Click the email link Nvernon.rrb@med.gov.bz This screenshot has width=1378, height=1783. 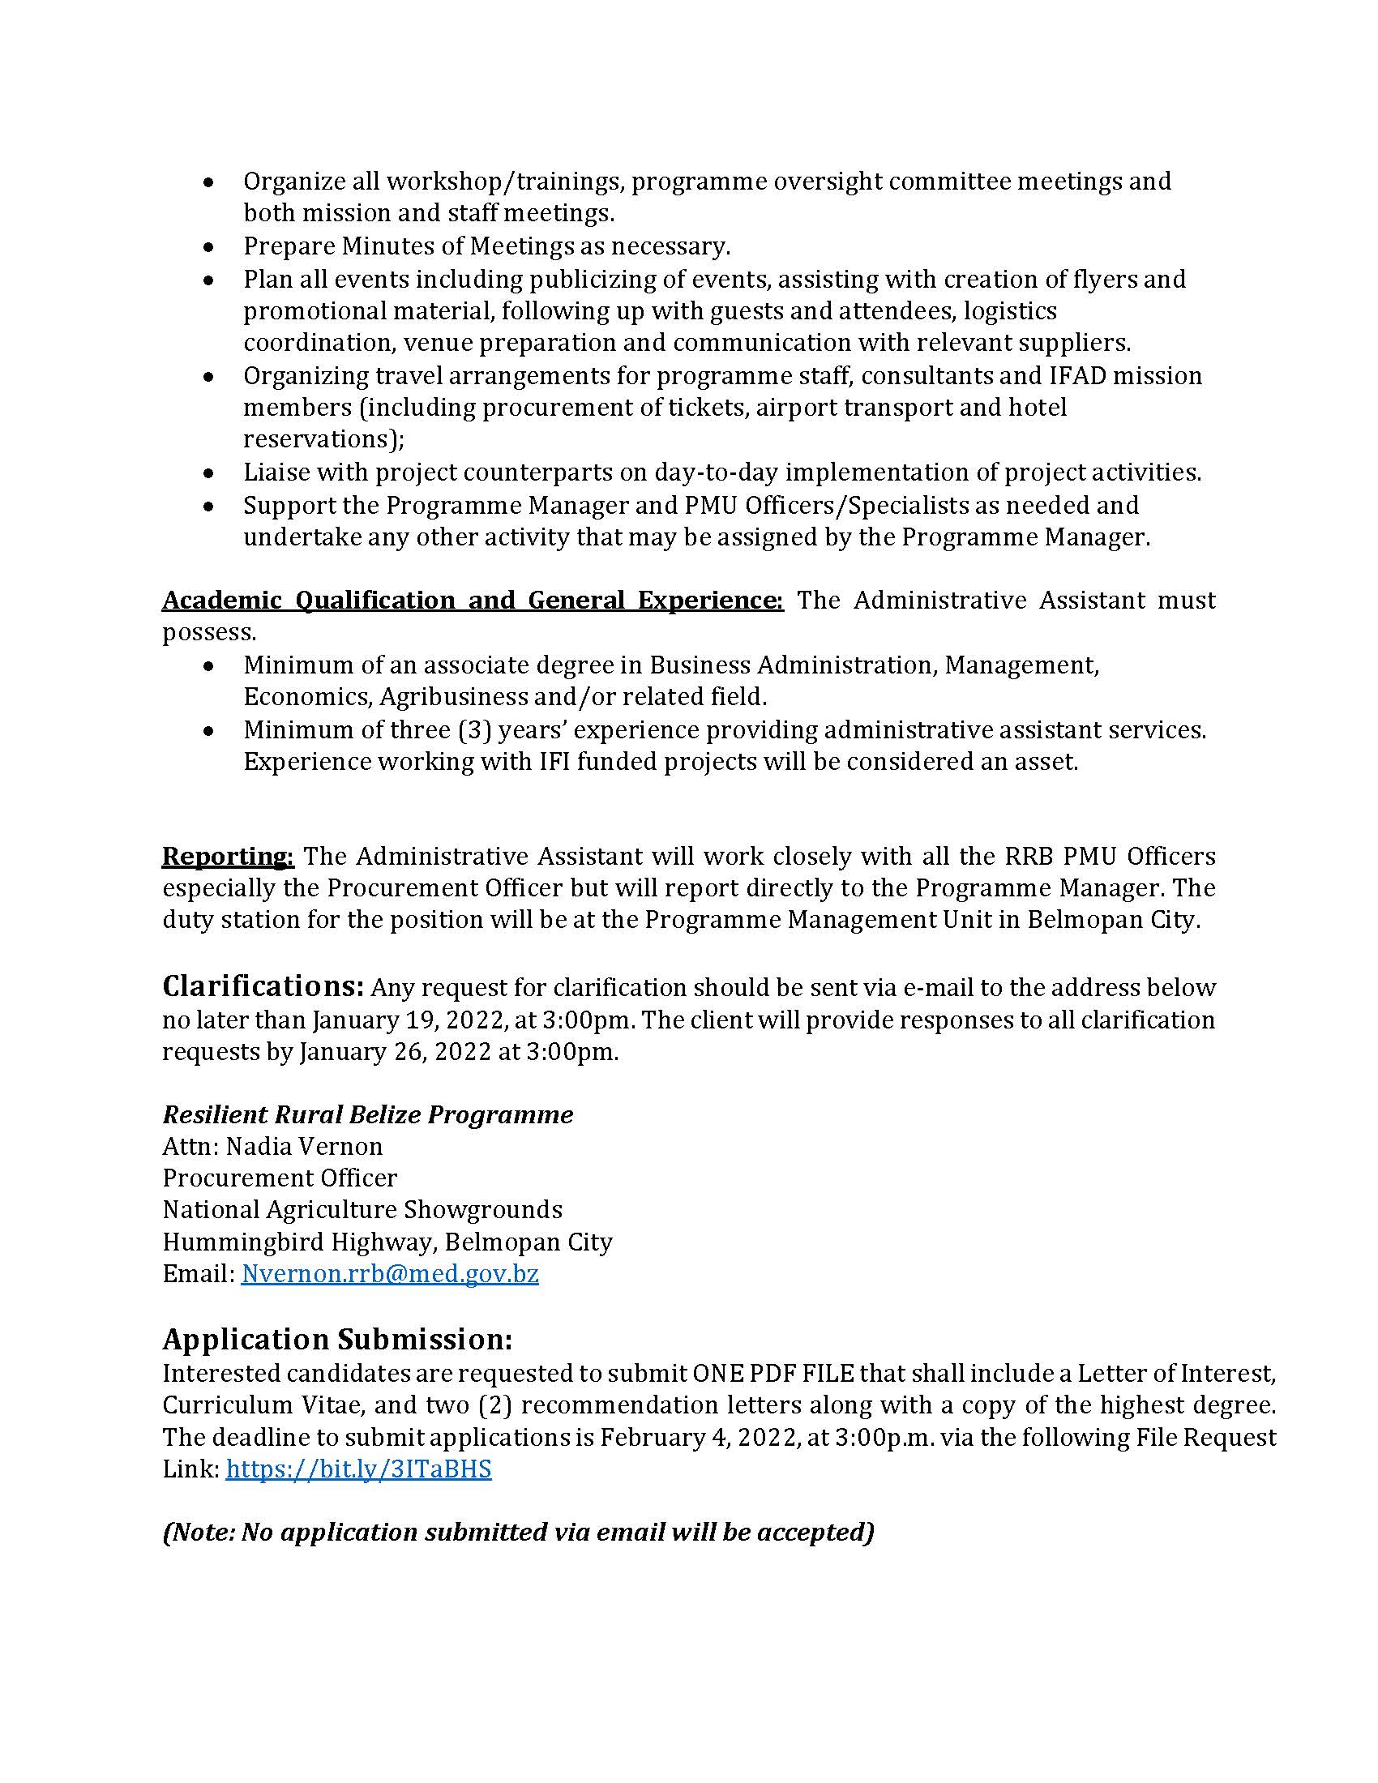(389, 1273)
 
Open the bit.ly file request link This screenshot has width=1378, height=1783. (358, 1469)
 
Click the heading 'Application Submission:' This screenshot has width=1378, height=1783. (337, 1340)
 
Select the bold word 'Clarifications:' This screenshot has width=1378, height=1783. (263, 986)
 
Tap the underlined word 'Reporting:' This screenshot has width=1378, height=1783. (228, 856)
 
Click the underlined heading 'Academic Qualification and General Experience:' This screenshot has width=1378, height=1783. (473, 600)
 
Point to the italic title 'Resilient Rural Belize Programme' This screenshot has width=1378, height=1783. (367, 1114)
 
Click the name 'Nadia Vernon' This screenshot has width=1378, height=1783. (304, 1146)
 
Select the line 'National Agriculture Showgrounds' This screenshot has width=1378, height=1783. (362, 1209)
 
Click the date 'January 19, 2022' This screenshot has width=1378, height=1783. (405, 1020)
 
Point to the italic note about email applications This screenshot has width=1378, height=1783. (519, 1533)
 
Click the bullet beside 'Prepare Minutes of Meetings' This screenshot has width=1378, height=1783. (209, 246)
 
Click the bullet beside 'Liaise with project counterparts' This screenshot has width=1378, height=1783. (209, 472)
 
